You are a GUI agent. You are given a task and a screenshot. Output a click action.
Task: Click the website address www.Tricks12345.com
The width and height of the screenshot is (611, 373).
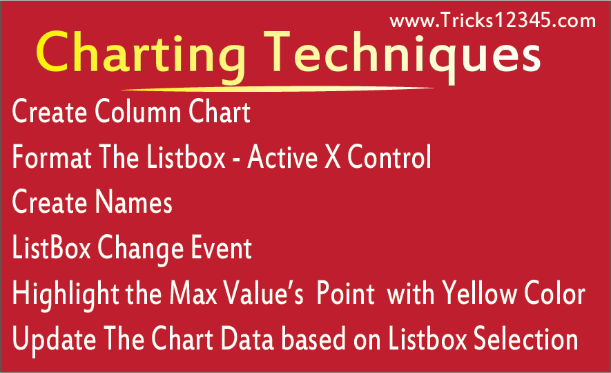(x=492, y=20)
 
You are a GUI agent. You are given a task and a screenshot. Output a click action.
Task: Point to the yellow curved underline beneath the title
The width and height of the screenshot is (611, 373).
(x=278, y=89)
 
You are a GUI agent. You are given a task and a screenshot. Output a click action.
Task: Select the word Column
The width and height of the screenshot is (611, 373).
(x=138, y=111)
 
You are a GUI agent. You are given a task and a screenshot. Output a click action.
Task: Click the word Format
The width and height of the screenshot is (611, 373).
(x=52, y=157)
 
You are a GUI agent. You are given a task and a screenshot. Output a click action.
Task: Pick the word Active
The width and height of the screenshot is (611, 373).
(x=282, y=157)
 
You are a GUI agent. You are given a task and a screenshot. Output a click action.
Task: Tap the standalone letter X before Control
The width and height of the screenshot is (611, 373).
(x=332, y=157)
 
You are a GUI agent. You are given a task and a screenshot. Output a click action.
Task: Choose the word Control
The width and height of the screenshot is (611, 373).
(x=389, y=157)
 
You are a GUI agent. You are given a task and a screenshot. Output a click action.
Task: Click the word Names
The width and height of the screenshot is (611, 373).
(x=134, y=202)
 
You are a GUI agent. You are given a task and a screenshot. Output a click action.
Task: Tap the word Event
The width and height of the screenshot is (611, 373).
(x=221, y=247)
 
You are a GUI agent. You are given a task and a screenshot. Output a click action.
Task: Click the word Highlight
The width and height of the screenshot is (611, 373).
(x=66, y=294)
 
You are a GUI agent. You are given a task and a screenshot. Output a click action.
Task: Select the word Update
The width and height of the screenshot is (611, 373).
(x=54, y=340)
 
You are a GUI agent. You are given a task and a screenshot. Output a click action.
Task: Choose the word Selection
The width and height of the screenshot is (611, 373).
(x=525, y=338)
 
